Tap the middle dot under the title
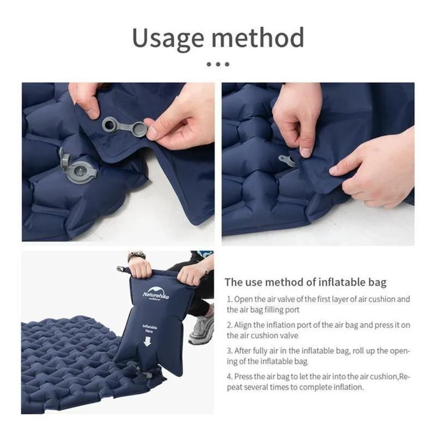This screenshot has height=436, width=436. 218,64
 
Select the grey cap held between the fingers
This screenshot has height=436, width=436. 139,129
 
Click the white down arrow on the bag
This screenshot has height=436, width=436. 147,341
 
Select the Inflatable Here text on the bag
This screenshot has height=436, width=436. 150,329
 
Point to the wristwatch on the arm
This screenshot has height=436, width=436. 136,255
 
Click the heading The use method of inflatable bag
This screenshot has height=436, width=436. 306,282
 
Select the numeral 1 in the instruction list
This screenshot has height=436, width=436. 229,299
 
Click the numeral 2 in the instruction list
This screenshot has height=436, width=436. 229,325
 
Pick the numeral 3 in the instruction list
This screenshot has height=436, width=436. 229,351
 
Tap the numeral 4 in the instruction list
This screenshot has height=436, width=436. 229,377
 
